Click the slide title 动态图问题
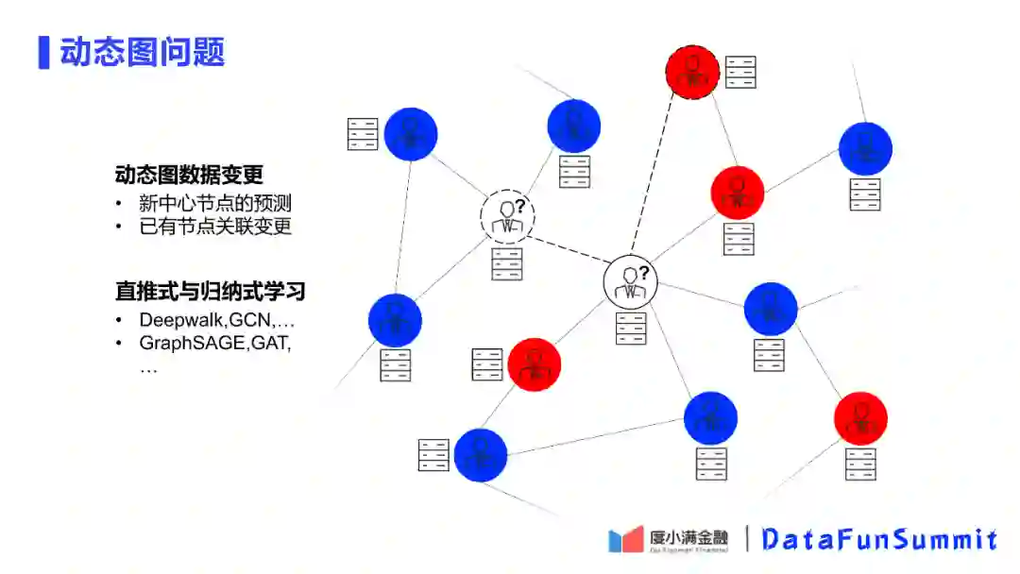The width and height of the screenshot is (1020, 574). point(143,52)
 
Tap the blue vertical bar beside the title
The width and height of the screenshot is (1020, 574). point(43,52)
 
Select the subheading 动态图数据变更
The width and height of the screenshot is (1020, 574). point(189,175)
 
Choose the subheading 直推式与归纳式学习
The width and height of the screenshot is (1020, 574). point(210,291)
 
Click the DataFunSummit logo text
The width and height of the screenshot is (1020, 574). point(879,539)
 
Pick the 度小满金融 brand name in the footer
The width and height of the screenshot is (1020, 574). point(688,537)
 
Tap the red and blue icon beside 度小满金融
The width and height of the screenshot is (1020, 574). point(626,539)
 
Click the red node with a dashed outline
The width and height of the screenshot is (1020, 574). point(692,71)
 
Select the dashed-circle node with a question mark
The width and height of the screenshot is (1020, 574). point(507,216)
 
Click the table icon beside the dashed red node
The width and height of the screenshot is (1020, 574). point(741,73)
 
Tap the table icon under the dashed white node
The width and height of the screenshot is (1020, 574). point(507,263)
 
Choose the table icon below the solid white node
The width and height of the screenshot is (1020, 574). point(630,328)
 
